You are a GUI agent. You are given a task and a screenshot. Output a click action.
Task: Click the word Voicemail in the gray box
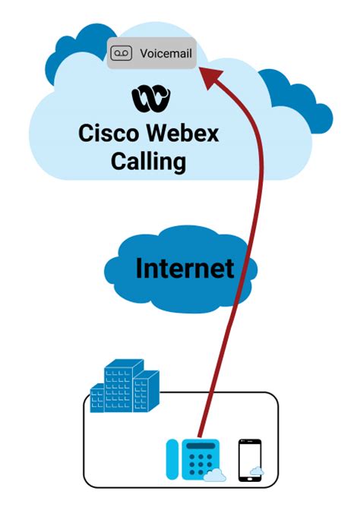click(163, 53)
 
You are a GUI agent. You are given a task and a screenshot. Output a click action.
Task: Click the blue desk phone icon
click(194, 460)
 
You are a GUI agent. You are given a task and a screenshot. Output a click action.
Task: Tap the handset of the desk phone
click(172, 460)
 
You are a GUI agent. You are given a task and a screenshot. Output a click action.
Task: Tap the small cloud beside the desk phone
click(215, 476)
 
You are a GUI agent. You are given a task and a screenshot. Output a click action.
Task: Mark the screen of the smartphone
click(249, 458)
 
